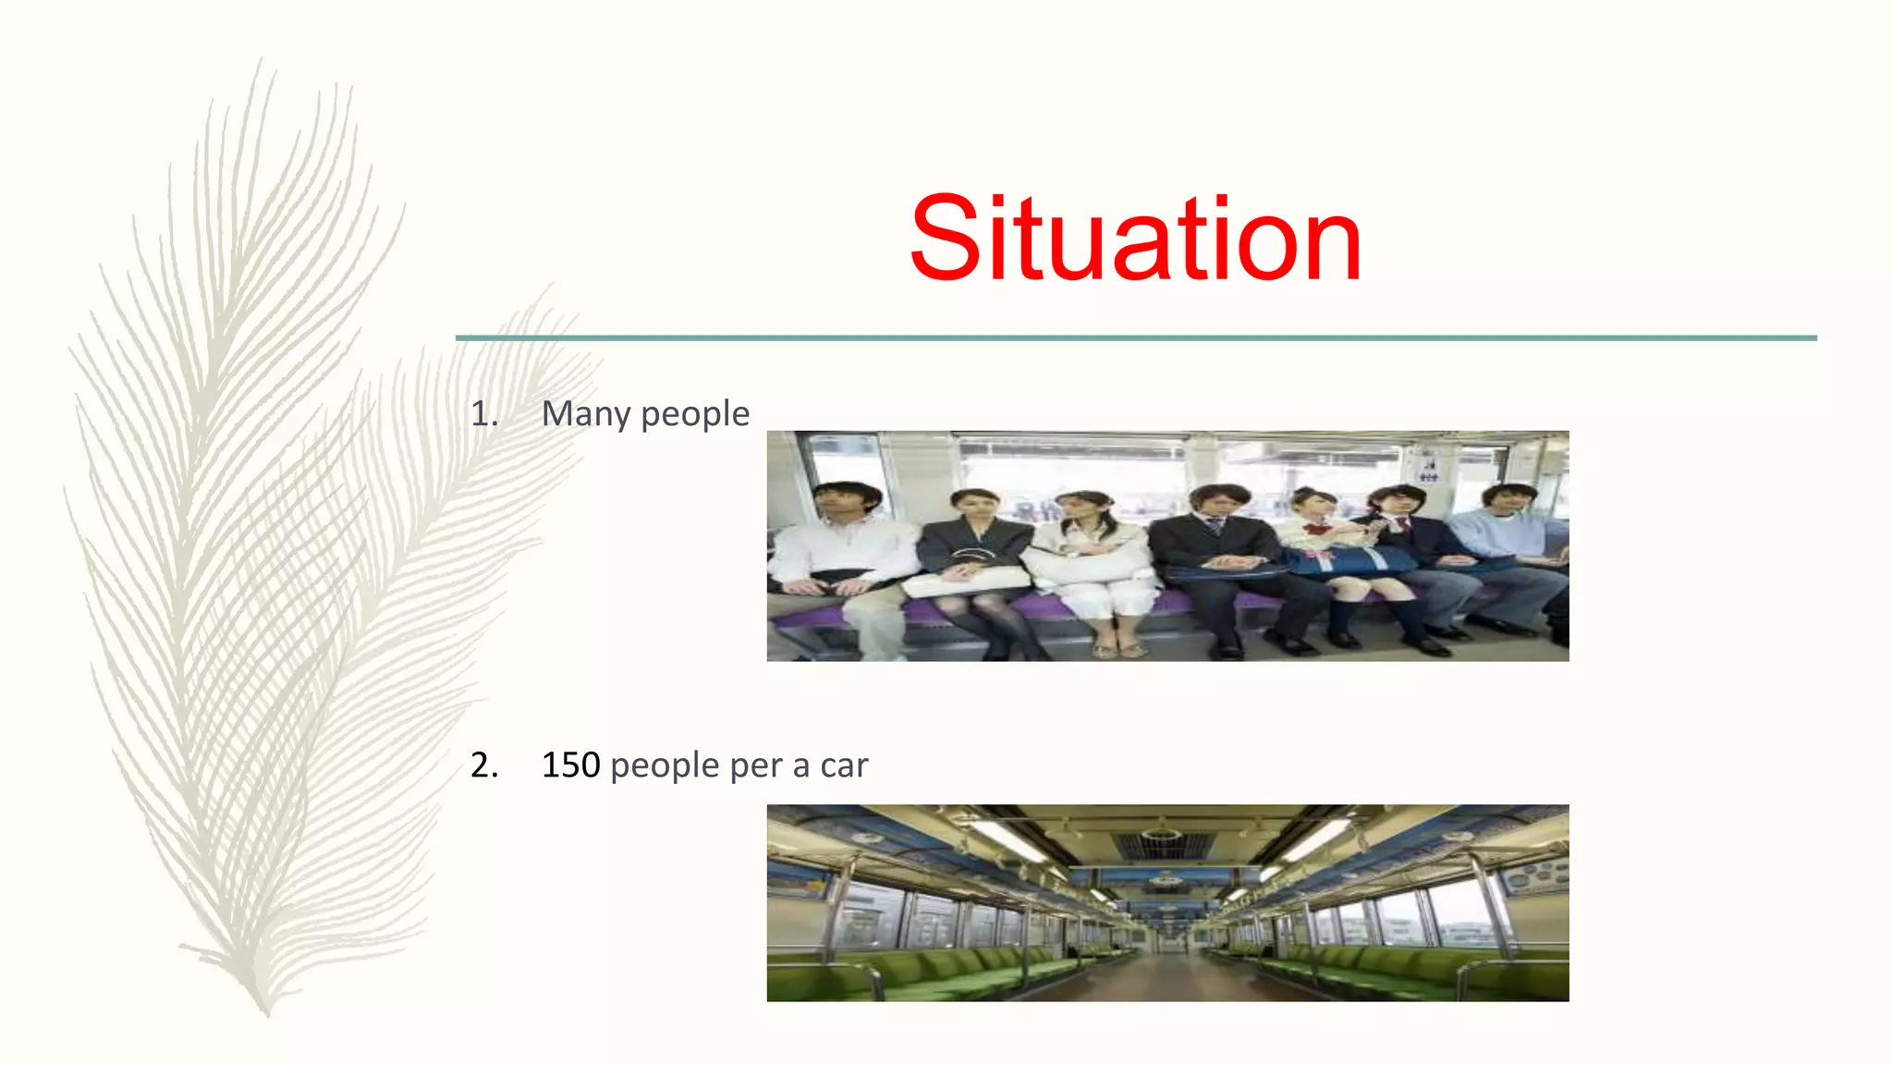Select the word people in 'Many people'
click(695, 414)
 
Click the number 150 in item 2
click(570, 765)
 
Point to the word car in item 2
click(844, 765)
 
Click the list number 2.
click(483, 765)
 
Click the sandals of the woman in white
click(1118, 649)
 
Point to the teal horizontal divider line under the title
click(1135, 338)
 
